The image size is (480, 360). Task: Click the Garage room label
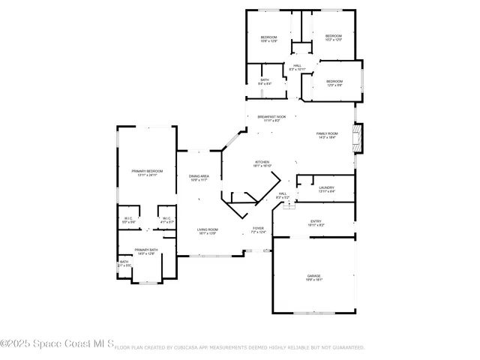coord(314,277)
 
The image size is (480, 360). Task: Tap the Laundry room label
coord(326,189)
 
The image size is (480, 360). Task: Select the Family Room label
coord(327,134)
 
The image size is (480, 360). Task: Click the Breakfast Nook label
coord(271,118)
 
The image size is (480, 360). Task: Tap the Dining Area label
coord(199,177)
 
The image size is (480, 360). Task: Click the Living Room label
coord(207,231)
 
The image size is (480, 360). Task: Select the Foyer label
coord(257,229)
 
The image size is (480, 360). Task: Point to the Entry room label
coord(316,223)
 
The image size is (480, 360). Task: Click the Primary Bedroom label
coord(147,172)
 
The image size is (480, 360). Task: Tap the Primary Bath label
coord(146,251)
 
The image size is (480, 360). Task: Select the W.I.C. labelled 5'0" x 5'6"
coord(128,220)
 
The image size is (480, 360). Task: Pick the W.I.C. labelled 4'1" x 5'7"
coord(166,220)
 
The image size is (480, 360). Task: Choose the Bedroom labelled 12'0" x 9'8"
coord(334,82)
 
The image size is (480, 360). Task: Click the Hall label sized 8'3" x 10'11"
coord(298,67)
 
